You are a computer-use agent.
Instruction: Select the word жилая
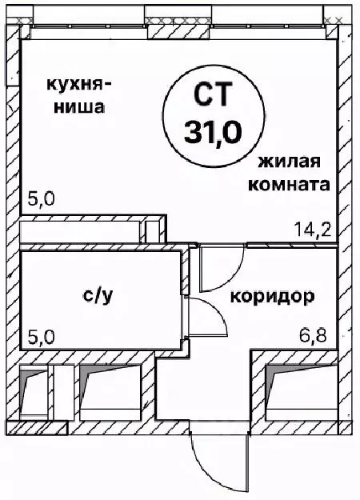click(x=289, y=162)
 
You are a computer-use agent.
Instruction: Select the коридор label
click(x=272, y=297)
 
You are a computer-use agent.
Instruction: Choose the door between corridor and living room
click(x=222, y=269)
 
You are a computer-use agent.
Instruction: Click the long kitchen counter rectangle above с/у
click(x=80, y=231)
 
